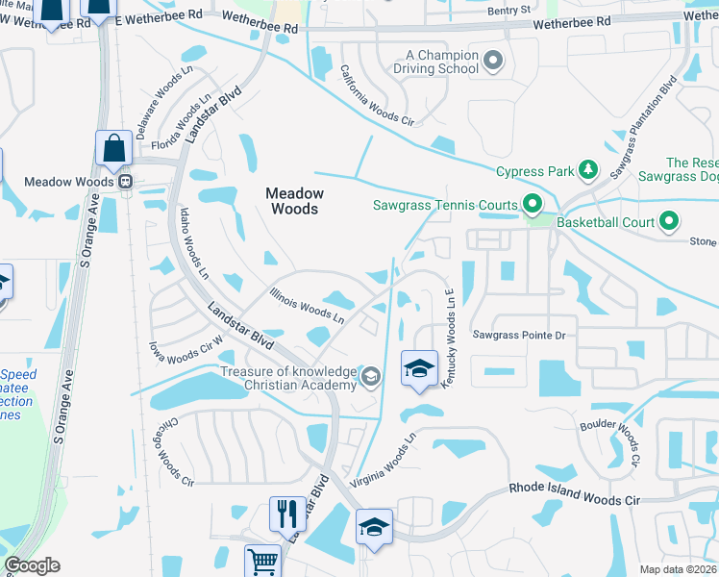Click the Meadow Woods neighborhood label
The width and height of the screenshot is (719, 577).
pyautogui.click(x=294, y=200)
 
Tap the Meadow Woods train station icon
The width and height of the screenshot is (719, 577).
pyautogui.click(x=124, y=181)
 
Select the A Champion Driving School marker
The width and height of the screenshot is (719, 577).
pyautogui.click(x=493, y=63)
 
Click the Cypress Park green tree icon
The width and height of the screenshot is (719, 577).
pyautogui.click(x=588, y=172)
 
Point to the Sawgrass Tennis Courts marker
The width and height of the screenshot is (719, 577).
pyautogui.click(x=531, y=204)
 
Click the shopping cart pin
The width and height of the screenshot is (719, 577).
pyautogui.click(x=261, y=561)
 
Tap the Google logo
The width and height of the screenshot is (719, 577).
pyautogui.click(x=32, y=565)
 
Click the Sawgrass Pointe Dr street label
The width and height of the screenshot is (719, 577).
pyautogui.click(x=519, y=335)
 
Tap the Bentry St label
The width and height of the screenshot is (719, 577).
pyautogui.click(x=508, y=10)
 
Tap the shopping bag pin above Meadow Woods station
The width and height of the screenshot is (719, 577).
pyautogui.click(x=113, y=149)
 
